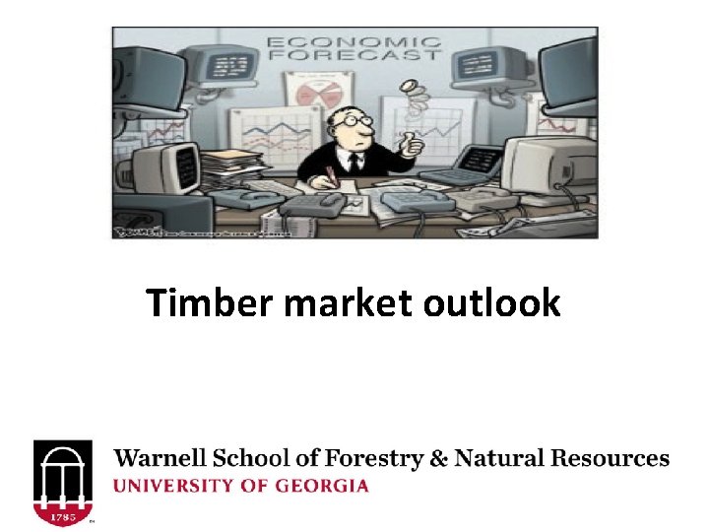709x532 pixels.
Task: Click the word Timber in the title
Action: tap(210, 303)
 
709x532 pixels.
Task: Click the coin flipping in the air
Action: tap(404, 91)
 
